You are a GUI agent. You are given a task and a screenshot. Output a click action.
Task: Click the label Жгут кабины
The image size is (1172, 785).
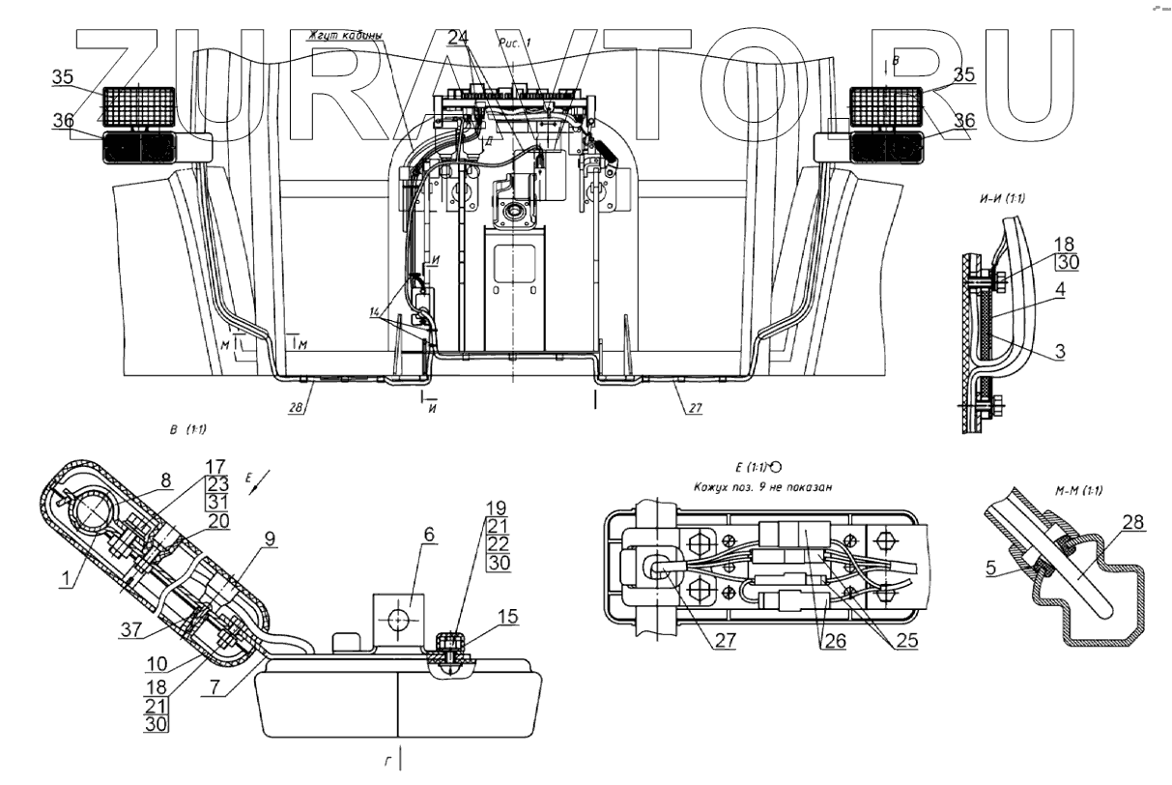pyautogui.click(x=342, y=37)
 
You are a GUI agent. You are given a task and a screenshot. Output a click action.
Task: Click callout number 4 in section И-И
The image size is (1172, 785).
pyautogui.click(x=1060, y=288)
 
